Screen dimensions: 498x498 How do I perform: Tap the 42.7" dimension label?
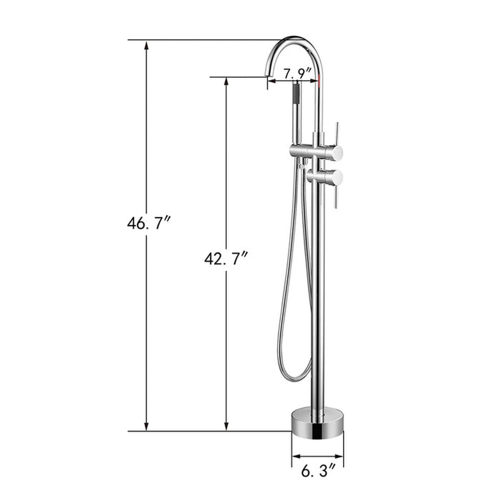click(226, 258)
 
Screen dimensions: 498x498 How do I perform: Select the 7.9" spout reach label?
click(297, 73)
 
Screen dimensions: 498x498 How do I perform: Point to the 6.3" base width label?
click(318, 471)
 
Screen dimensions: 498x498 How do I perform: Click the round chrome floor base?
click(318, 423)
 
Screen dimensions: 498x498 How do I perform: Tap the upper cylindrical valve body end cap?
click(338, 152)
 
